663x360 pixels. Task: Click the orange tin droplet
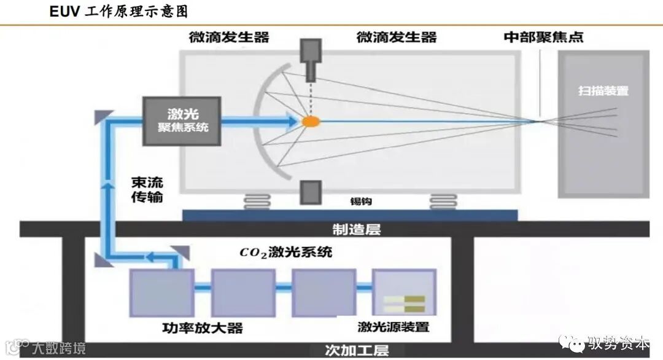pyautogui.click(x=311, y=122)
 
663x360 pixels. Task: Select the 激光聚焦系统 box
pyautogui.click(x=182, y=121)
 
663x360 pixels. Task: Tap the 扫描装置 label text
pyautogui.click(x=603, y=91)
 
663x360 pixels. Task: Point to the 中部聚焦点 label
pyautogui.click(x=543, y=37)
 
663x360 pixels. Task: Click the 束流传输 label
pyautogui.click(x=147, y=190)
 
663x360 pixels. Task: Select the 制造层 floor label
pyautogui.click(x=356, y=229)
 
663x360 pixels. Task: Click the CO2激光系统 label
pyautogui.click(x=285, y=252)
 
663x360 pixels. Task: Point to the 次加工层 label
pyautogui.click(x=356, y=351)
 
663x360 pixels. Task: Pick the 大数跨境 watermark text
pyautogui.click(x=59, y=348)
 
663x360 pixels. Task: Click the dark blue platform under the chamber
pyautogui.click(x=350, y=214)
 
